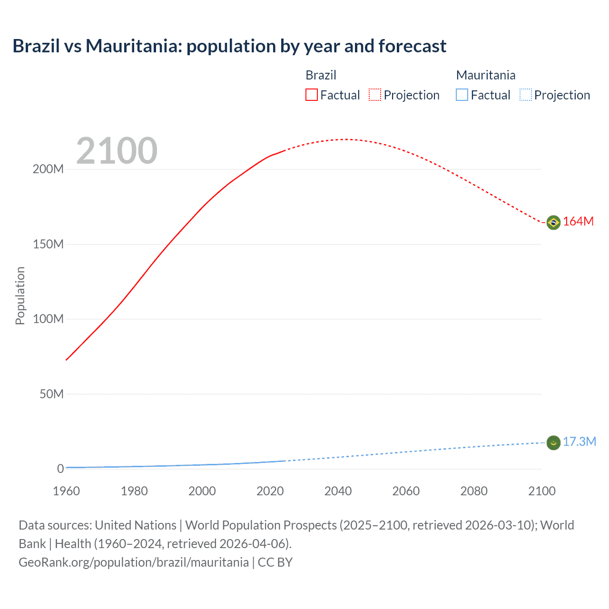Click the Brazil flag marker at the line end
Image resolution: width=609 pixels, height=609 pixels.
tap(553, 222)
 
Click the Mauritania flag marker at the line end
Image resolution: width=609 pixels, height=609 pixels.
tap(553, 443)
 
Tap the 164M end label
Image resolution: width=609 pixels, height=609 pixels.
tap(578, 222)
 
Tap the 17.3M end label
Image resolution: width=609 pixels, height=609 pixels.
tap(579, 442)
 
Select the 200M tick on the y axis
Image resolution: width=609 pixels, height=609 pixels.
tap(48, 169)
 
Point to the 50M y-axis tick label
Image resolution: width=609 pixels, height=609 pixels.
tap(51, 394)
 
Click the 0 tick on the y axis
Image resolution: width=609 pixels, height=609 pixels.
tap(60, 469)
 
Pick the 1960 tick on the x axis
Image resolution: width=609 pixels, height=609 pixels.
tap(66, 491)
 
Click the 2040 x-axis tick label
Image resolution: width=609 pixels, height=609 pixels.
tap(338, 491)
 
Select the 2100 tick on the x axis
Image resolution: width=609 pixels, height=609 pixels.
tap(541, 491)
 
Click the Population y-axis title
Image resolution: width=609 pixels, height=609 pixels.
tap(20, 295)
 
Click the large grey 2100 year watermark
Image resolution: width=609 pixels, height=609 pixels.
tap(117, 151)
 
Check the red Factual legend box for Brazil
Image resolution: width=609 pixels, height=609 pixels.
tap(312, 95)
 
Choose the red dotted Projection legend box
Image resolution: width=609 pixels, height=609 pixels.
tap(375, 95)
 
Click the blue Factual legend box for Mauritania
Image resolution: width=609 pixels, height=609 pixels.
tap(462, 95)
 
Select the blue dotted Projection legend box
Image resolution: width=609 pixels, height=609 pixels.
tap(525, 95)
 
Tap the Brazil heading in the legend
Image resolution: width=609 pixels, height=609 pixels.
tap(321, 75)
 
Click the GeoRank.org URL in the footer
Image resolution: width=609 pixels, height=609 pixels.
tap(134, 562)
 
